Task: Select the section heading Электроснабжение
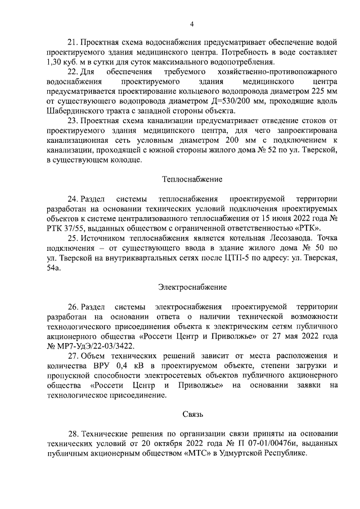click(191, 287)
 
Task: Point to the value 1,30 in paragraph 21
click(56, 62)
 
